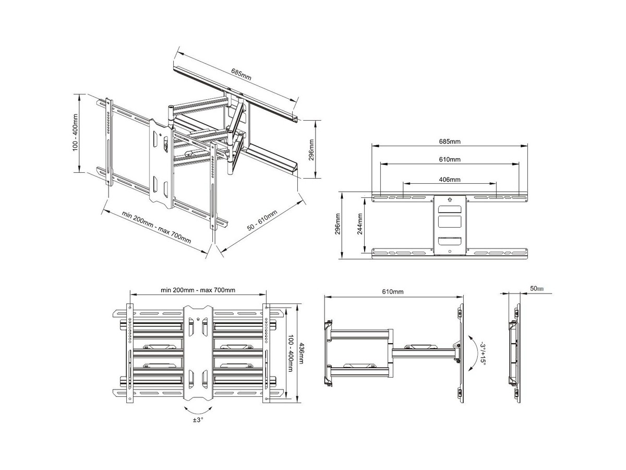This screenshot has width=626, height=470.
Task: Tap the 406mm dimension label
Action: coord(450,179)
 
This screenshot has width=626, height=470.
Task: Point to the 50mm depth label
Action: coord(537,288)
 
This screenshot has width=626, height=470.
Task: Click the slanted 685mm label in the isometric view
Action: coord(241,74)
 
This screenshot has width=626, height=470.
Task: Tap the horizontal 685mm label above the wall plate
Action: coord(450,141)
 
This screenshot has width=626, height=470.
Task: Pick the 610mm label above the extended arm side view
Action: coord(393,291)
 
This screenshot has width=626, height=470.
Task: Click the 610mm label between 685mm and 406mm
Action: coord(450,159)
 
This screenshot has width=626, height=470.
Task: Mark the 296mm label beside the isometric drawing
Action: coord(311,150)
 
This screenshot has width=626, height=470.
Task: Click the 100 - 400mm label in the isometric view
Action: coord(75,133)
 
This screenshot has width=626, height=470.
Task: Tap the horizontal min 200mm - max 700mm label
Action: coord(198,290)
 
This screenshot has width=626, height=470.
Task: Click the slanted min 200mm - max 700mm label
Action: coord(156,227)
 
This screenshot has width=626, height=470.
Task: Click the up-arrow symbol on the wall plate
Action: coord(450,199)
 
